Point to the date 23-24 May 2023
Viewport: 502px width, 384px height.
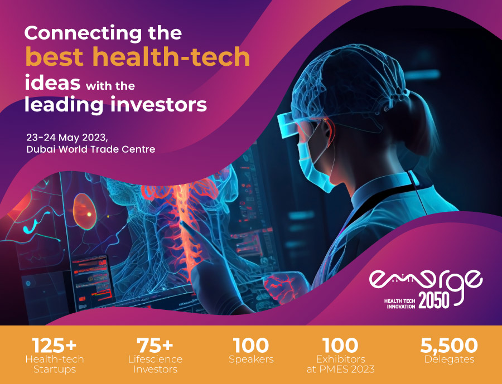[x=70, y=137]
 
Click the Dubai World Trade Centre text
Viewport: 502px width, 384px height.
[x=90, y=149]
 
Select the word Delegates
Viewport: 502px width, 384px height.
[x=449, y=359]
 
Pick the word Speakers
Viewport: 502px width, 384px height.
[x=251, y=359]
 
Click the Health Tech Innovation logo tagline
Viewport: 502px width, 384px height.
[x=399, y=303]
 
